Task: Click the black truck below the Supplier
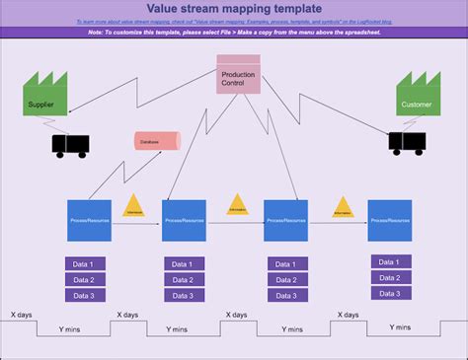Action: [x=70, y=146]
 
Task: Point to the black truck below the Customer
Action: [x=407, y=143]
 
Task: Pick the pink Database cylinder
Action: [x=157, y=141]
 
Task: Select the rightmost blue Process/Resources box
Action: [x=389, y=221]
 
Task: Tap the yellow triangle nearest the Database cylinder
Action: [x=134, y=207]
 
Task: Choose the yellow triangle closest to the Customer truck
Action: [x=342, y=207]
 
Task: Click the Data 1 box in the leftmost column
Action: [x=86, y=263]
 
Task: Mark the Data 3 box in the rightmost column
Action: [x=390, y=293]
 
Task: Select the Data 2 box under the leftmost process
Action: [x=86, y=279]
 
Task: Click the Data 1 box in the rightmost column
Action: [x=390, y=262]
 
